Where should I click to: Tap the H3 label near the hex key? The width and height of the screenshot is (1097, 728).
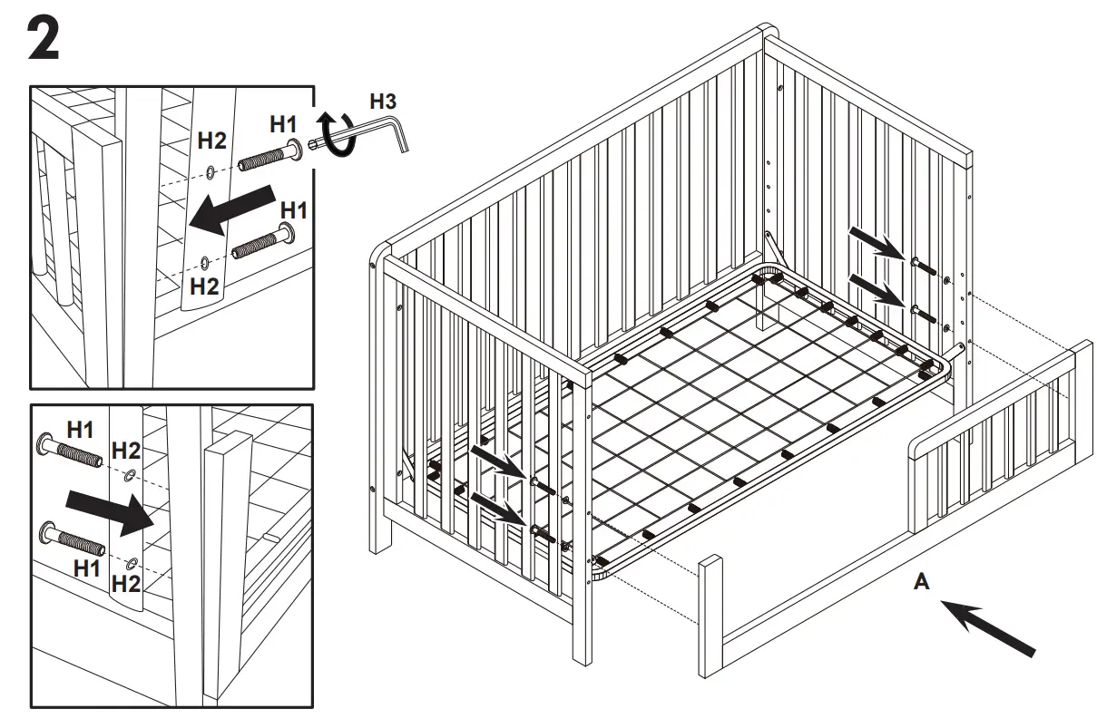[382, 101]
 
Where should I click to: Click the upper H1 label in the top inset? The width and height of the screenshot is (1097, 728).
[282, 122]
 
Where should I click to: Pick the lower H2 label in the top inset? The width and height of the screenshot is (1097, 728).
[205, 286]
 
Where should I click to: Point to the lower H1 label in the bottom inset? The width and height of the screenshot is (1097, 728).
[87, 568]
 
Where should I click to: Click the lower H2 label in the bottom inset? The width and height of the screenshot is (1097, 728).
[126, 584]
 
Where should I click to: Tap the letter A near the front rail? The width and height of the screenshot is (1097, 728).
[921, 583]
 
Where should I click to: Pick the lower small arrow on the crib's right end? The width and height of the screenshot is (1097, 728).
[876, 292]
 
